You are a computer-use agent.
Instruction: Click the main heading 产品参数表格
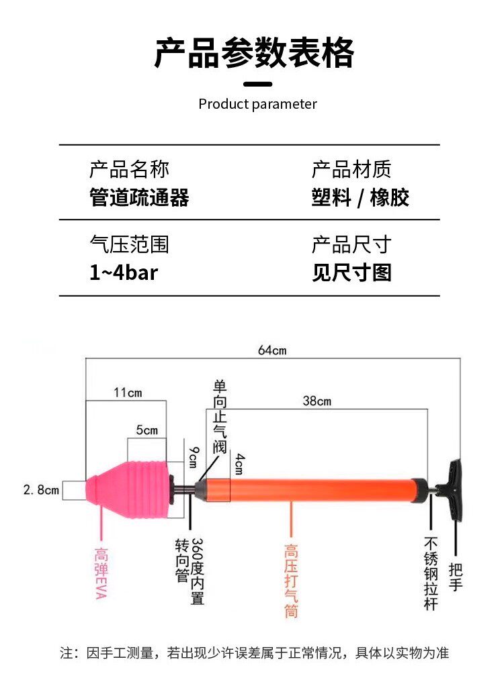point(254,54)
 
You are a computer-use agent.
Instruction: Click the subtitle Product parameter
point(257,104)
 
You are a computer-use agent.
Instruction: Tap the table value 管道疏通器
point(139,197)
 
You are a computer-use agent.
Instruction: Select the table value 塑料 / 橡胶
point(360,197)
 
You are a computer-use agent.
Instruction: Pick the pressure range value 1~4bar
point(124,273)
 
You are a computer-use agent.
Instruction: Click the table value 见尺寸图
point(351,273)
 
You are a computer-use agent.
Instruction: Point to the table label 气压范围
point(129,244)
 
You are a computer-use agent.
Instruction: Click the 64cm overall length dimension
point(272,350)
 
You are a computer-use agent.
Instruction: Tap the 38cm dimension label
point(317,401)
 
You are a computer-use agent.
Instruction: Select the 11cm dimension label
point(126,393)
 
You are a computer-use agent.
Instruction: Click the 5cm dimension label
point(147,430)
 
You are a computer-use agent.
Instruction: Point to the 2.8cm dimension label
point(41,490)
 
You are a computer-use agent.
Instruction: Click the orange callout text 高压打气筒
point(291,581)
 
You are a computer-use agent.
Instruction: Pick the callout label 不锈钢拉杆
point(431,573)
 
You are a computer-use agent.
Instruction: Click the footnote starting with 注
point(254,652)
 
